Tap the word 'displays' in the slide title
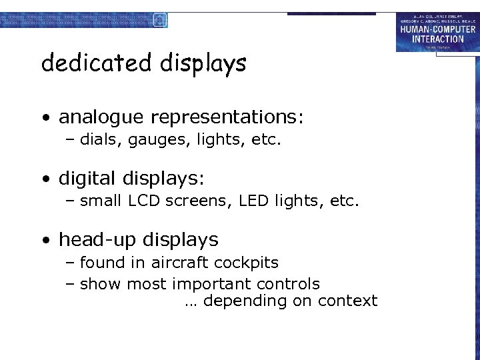coord(203,65)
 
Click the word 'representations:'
coord(227,119)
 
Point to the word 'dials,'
coord(98,140)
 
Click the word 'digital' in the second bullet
coord(87,179)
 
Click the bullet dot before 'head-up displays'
coord(45,241)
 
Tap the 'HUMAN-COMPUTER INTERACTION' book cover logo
coord(437,31)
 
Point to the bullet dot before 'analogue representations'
coord(45,119)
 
